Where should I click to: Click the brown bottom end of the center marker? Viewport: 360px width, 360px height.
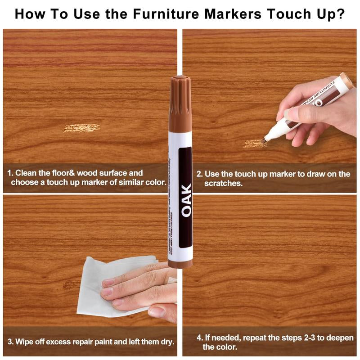point(180,263)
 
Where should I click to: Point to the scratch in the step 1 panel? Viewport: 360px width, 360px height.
point(81,128)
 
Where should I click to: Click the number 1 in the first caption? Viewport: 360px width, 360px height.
point(9,173)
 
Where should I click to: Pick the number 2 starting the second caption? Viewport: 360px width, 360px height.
point(199,174)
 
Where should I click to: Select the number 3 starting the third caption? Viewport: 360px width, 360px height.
point(9,342)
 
